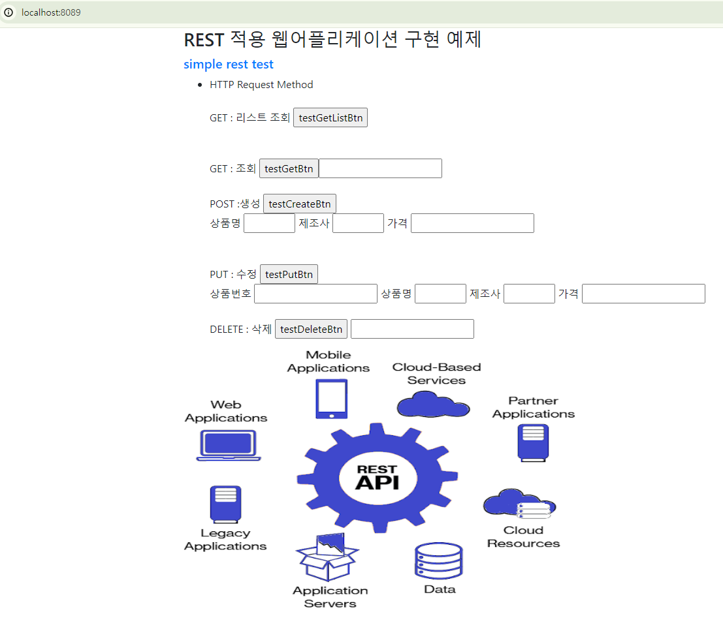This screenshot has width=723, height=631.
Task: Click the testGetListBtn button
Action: pyautogui.click(x=330, y=118)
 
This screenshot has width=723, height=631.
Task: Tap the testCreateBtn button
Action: pyautogui.click(x=299, y=204)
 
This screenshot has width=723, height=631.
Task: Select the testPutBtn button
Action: pyautogui.click(x=289, y=275)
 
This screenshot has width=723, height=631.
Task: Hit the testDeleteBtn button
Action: pyautogui.click(x=311, y=330)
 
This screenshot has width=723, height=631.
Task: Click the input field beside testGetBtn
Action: pyautogui.click(x=380, y=168)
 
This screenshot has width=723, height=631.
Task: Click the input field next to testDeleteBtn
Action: pyautogui.click(x=412, y=330)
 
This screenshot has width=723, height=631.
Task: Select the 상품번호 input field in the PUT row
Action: pyautogui.click(x=315, y=294)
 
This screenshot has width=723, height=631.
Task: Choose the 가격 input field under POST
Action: pyautogui.click(x=472, y=223)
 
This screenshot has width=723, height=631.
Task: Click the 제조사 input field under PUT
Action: pyautogui.click(x=529, y=294)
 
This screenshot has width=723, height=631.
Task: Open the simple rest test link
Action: pyautogui.click(x=229, y=64)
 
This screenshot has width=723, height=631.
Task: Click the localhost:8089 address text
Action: pyautogui.click(x=51, y=12)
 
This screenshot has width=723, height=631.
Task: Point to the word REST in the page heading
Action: pyautogui.click(x=204, y=40)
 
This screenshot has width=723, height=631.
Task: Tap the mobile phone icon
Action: pyautogui.click(x=332, y=399)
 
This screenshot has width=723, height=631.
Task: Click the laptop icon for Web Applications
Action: pyautogui.click(x=229, y=445)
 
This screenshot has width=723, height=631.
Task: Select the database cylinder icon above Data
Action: pyautogui.click(x=439, y=561)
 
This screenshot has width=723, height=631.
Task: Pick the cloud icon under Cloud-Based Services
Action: pyautogui.click(x=433, y=404)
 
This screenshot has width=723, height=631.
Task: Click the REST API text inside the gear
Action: pyautogui.click(x=377, y=478)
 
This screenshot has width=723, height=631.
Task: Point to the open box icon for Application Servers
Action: pyautogui.click(x=327, y=557)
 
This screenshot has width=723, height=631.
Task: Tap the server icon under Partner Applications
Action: pyautogui.click(x=534, y=442)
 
